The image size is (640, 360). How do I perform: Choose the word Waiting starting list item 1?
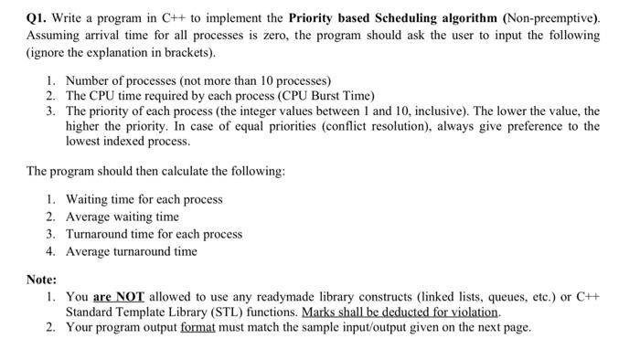tap(87, 199)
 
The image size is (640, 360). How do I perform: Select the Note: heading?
tap(41, 280)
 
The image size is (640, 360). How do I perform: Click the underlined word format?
tap(196, 327)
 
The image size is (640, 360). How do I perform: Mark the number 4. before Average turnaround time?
tap(51, 251)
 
